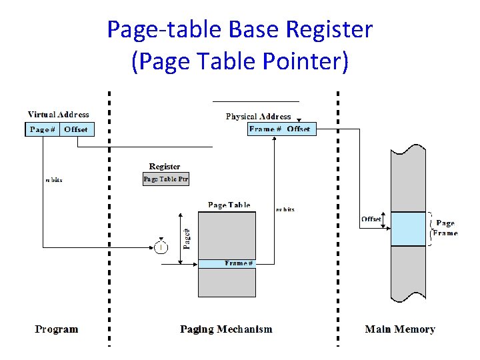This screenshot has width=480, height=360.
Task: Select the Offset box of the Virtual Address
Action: click(x=77, y=129)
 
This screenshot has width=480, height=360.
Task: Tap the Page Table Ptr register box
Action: click(x=166, y=179)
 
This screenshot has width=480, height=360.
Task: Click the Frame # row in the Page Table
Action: click(x=227, y=263)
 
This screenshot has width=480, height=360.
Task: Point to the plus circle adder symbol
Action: click(x=161, y=247)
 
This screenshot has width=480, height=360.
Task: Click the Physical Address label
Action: click(x=258, y=117)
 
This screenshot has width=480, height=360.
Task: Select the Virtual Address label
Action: click(x=58, y=115)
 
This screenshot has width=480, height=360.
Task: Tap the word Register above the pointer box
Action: click(x=165, y=167)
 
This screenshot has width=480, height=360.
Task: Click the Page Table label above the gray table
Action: click(x=229, y=205)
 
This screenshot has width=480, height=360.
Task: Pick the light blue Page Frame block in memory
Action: click(x=408, y=229)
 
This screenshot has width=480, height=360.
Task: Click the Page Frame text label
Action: click(x=445, y=228)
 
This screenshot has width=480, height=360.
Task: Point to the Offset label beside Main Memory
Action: click(x=371, y=219)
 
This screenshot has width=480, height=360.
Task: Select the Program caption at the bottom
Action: click(x=57, y=329)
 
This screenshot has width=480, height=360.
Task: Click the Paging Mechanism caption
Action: click(x=227, y=329)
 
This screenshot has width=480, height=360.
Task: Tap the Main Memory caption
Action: click(x=400, y=329)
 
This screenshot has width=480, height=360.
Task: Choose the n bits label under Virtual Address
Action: click(x=53, y=180)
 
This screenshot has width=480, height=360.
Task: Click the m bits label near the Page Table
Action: click(x=285, y=209)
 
